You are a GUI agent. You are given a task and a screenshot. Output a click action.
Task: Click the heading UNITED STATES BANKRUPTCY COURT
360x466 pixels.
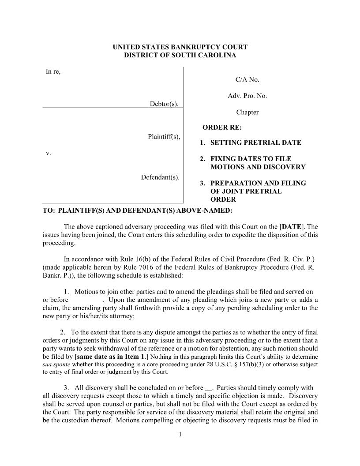(x=180, y=47)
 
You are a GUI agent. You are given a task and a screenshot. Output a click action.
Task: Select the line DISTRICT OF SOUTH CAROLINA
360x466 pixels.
(x=180, y=55)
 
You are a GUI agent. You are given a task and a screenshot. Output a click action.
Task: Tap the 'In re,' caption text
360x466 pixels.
(x=53, y=71)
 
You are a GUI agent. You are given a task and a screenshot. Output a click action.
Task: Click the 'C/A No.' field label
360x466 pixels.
(x=247, y=79)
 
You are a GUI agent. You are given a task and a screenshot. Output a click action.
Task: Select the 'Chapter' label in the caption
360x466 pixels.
(x=247, y=112)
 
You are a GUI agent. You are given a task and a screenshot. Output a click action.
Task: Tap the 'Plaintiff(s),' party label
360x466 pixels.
(x=164, y=136)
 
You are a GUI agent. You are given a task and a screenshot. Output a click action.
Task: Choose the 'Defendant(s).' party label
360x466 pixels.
(x=160, y=177)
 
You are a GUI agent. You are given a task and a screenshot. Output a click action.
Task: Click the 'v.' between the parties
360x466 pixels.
(x=49, y=153)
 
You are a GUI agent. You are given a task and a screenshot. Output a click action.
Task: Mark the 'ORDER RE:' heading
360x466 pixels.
(x=222, y=128)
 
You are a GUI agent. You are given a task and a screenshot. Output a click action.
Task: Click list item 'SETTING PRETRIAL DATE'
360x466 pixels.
(x=255, y=143)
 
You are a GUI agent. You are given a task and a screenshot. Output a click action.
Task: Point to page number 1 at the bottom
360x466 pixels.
(x=180, y=434)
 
